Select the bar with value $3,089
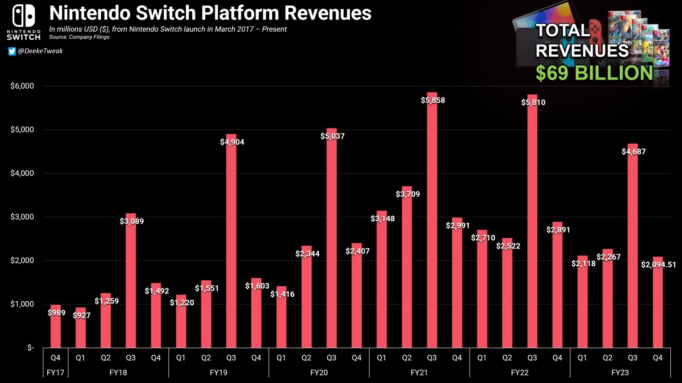(x=130, y=282)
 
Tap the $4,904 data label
(x=232, y=142)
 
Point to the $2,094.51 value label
(x=658, y=264)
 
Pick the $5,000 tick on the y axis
(x=22, y=129)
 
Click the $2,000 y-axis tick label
(x=22, y=260)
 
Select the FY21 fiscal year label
(x=419, y=373)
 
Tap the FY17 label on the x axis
(x=55, y=373)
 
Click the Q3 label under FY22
(x=532, y=358)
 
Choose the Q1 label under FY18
(x=80, y=358)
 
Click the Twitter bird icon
(x=12, y=51)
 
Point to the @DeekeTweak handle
(x=40, y=51)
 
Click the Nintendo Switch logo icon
(x=24, y=16)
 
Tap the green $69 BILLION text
(x=594, y=73)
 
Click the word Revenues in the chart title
(x=328, y=13)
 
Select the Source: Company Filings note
(x=79, y=37)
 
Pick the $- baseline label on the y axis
(x=30, y=348)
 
